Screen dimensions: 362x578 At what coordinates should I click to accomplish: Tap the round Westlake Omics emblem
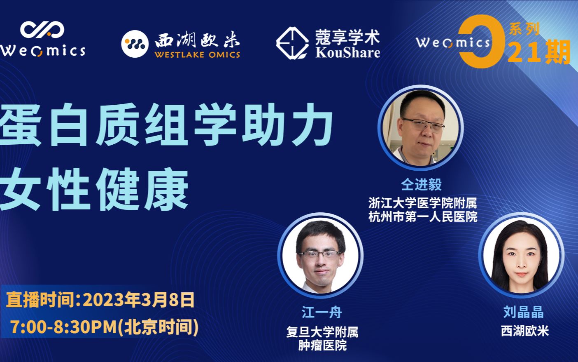tap(135, 44)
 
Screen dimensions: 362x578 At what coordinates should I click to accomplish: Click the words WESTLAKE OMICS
tap(197, 55)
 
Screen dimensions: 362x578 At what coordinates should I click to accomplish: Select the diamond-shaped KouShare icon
tap(292, 43)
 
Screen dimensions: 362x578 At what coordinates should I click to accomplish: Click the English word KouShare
tap(347, 53)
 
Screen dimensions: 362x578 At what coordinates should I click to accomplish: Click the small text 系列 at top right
tap(524, 29)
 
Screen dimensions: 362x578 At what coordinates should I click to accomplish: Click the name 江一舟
tap(322, 312)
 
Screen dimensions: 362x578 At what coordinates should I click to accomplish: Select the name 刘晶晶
tap(523, 312)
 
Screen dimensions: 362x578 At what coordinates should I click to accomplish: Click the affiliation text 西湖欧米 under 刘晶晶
tap(524, 331)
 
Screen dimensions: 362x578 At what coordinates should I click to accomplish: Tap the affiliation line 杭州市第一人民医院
tap(423, 216)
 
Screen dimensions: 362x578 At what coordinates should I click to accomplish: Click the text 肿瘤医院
tap(322, 345)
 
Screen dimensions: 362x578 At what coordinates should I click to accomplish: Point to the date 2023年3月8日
tap(139, 300)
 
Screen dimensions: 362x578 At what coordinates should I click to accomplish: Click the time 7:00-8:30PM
tap(64, 327)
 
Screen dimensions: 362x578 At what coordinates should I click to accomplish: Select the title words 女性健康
tap(94, 190)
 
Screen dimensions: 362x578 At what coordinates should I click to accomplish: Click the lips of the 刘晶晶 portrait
tap(521, 274)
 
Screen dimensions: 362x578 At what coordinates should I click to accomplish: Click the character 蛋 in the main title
tap(21, 125)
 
